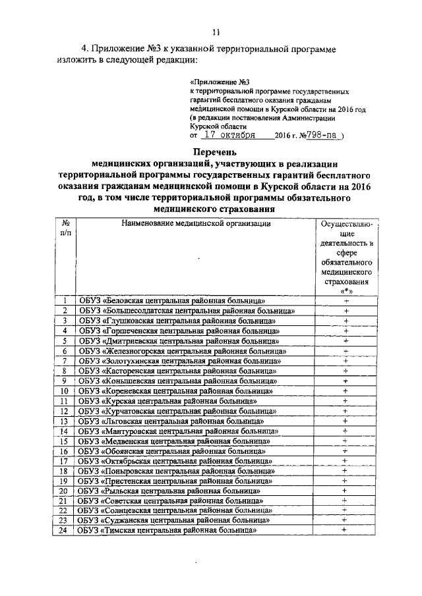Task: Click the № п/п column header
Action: tap(66, 229)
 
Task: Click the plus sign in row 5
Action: tap(345, 341)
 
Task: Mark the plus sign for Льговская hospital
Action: tap(345, 420)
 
